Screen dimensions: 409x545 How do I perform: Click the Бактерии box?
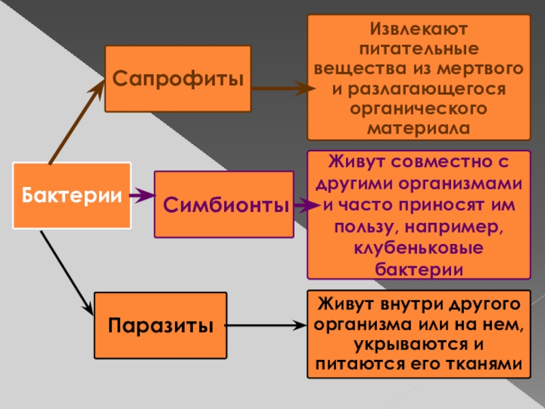pyautogui.click(x=72, y=196)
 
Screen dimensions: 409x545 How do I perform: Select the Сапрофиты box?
pyautogui.click(x=178, y=78)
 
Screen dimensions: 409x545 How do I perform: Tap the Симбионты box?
pyautogui.click(x=225, y=204)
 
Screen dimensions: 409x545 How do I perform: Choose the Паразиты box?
pyautogui.click(x=159, y=326)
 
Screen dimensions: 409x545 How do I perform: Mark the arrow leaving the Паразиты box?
pyautogui.click(x=266, y=326)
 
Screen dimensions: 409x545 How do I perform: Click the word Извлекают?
pyautogui.click(x=419, y=30)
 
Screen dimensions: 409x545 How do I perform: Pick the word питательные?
pyautogui.click(x=419, y=50)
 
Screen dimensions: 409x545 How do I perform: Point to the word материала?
pyautogui.click(x=419, y=128)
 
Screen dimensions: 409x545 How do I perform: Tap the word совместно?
pyautogui.click(x=443, y=164)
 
